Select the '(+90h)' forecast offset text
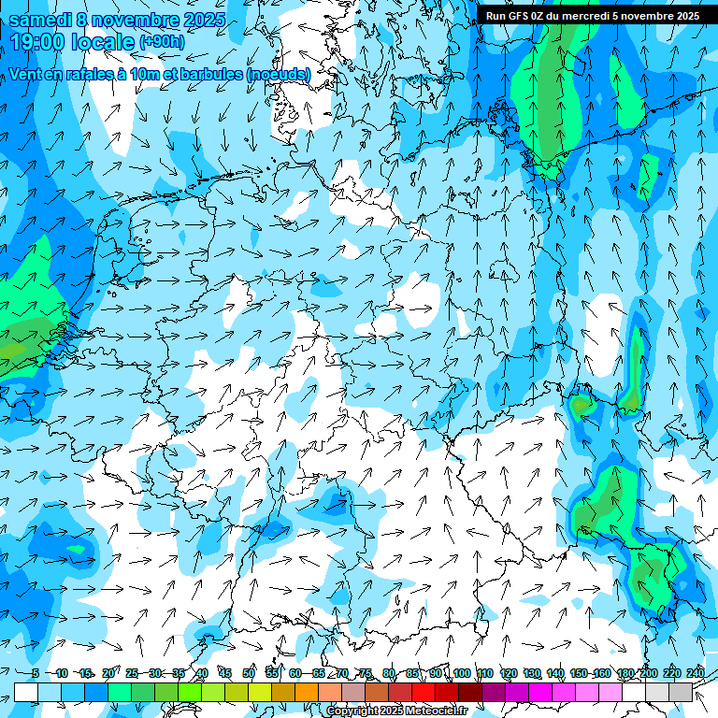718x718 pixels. click(162, 43)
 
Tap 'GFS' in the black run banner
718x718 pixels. click(517, 16)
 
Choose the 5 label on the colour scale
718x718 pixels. click(36, 673)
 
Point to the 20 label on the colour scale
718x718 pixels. click(108, 673)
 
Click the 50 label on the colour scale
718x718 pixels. click(249, 673)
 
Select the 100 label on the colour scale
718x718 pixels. click(461, 673)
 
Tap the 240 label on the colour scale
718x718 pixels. click(696, 673)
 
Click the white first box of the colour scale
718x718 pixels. click(26, 692)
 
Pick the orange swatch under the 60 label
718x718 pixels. click(307, 692)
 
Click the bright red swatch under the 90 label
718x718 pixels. click(424, 692)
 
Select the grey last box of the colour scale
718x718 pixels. click(682, 692)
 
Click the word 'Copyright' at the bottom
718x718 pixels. click(352, 711)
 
